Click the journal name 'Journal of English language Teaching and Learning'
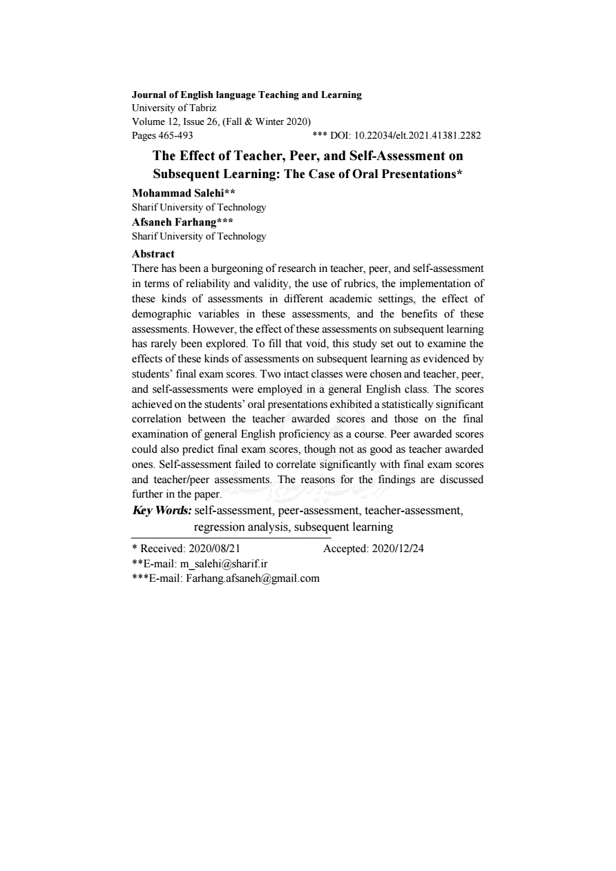(247, 95)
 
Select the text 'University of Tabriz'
(174, 108)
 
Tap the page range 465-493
(175, 135)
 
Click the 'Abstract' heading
(153, 253)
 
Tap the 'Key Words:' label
(162, 511)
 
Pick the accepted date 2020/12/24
(398, 549)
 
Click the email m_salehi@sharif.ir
(224, 564)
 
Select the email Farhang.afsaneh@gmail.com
(253, 578)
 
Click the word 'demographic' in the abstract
(160, 313)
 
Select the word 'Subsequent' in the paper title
(187, 174)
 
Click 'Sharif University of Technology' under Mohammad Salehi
(199, 207)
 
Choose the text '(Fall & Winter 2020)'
(267, 121)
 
